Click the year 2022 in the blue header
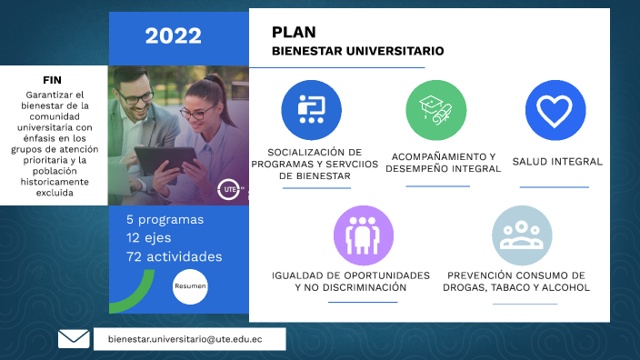(173, 36)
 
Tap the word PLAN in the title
(294, 33)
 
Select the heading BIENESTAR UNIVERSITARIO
(357, 52)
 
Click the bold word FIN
(52, 80)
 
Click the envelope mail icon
(74, 339)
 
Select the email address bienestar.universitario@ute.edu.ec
(190, 339)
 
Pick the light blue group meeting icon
(522, 235)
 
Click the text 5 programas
(165, 220)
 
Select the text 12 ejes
(151, 238)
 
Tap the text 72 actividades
(174, 256)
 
